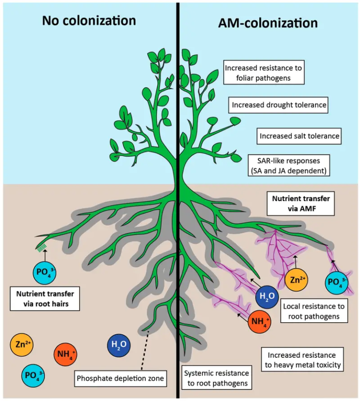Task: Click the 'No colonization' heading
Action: click(89, 21)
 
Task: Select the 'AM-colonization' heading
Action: click(268, 23)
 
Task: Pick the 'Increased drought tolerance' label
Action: click(278, 105)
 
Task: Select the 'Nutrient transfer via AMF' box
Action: click(300, 203)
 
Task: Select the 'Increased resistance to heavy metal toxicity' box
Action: click(302, 359)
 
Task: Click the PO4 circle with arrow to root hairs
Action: click(45, 272)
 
